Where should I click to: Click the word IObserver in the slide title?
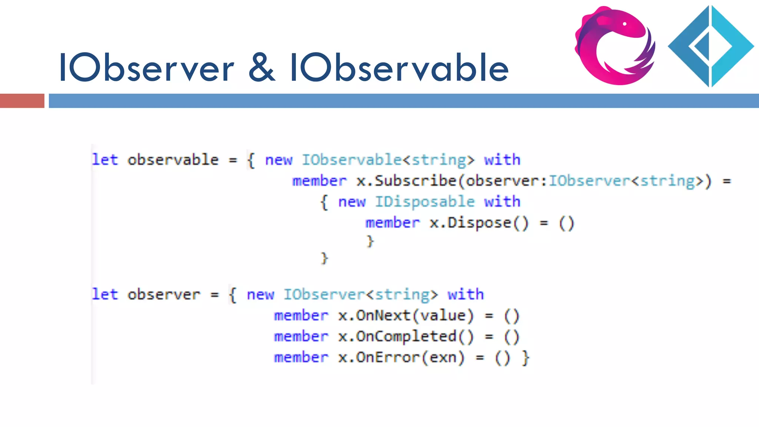click(x=146, y=68)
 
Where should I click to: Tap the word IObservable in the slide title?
click(x=399, y=68)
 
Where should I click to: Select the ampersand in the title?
click(x=262, y=68)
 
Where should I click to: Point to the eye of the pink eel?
click(x=625, y=24)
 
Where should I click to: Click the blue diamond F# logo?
click(x=710, y=46)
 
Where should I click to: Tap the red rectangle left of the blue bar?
click(x=22, y=101)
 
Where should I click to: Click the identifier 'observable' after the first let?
click(x=173, y=160)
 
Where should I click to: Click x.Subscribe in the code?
click(x=406, y=181)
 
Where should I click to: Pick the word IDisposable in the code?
click(x=425, y=202)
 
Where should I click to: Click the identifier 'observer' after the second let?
click(x=164, y=295)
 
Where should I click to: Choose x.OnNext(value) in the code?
click(x=405, y=316)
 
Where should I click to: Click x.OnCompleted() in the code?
click(x=405, y=337)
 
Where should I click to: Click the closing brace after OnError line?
click(x=526, y=358)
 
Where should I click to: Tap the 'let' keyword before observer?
click(x=105, y=295)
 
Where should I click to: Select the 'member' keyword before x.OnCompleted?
click(x=301, y=337)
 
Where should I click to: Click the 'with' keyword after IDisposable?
click(x=502, y=202)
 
